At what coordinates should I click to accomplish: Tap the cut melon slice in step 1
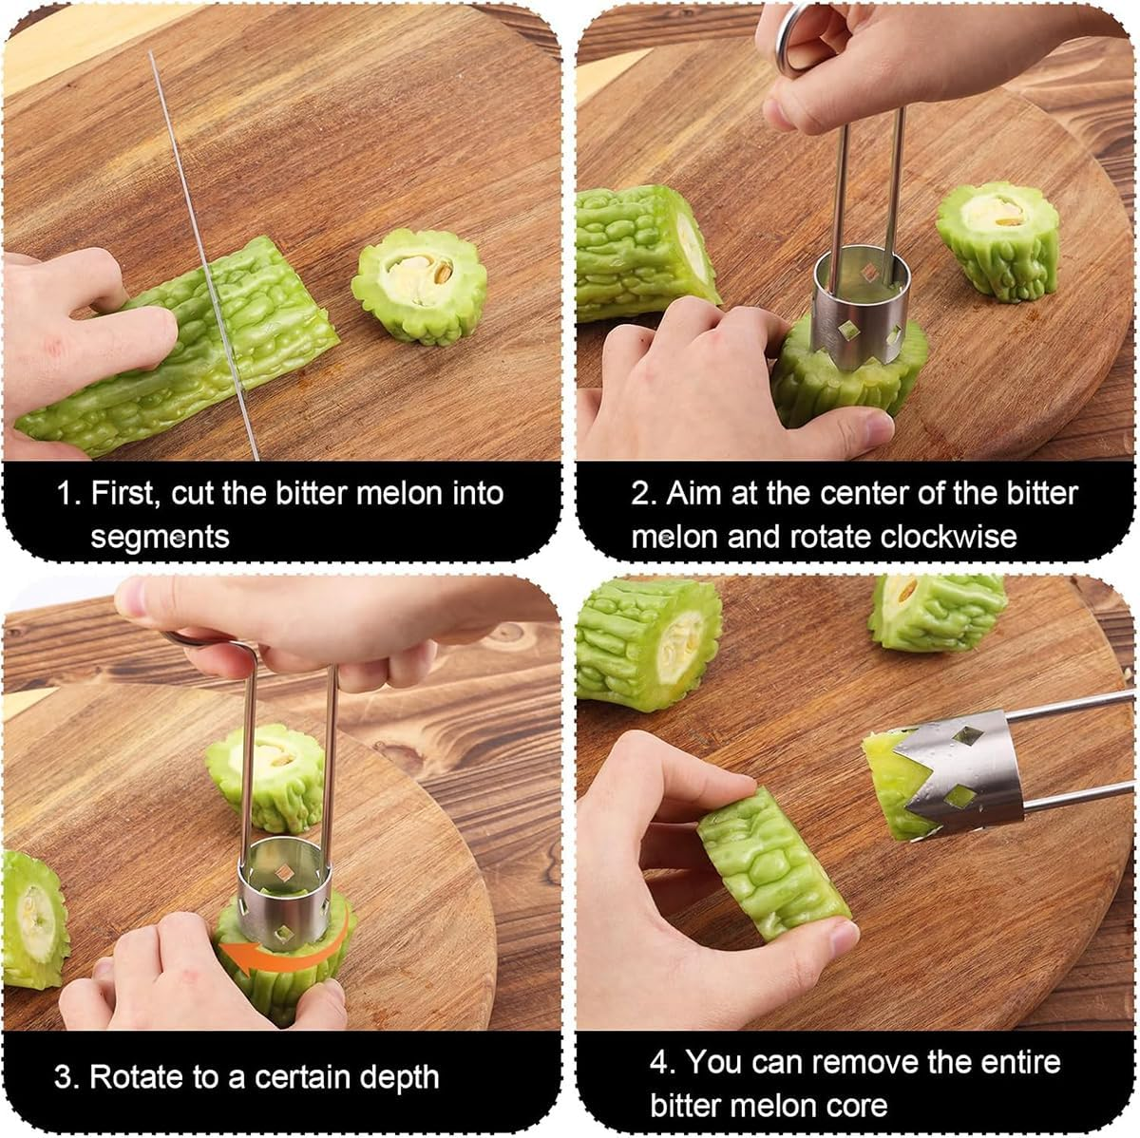[419, 292]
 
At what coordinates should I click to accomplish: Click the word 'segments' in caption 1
[160, 537]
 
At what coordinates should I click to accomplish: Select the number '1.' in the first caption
[69, 493]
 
